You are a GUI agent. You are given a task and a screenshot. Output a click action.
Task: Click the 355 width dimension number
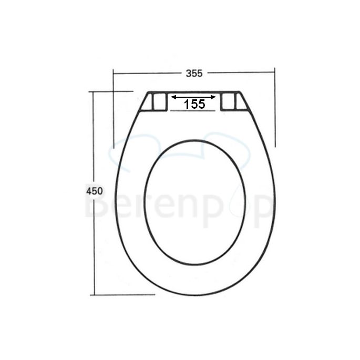pos(194,74)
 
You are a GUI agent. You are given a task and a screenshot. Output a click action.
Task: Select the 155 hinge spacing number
pos(194,104)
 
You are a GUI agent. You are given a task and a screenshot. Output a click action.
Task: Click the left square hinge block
pos(158,101)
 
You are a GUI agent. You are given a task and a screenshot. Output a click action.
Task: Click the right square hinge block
pos(228,101)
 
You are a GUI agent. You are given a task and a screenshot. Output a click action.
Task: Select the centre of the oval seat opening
pos(194,202)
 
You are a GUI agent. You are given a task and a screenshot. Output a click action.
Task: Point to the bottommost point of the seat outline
pos(195,295)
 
